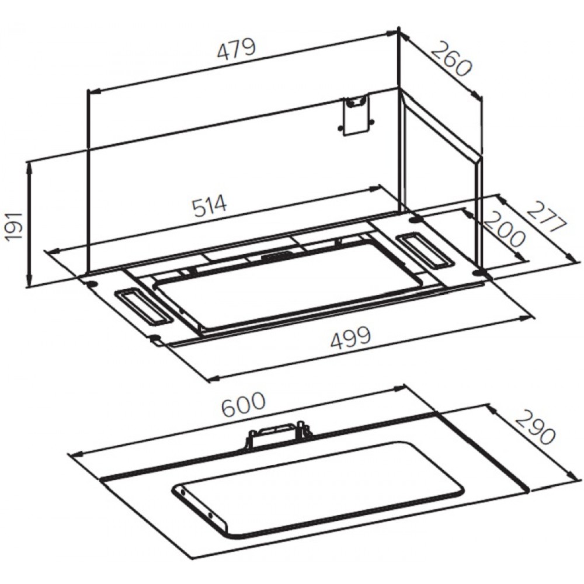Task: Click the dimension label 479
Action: [x=237, y=49]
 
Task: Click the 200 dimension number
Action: [x=505, y=229]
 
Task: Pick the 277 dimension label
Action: [x=546, y=217]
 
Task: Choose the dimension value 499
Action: [x=351, y=338]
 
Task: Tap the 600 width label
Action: [x=243, y=405]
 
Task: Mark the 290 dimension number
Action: [x=536, y=427]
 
